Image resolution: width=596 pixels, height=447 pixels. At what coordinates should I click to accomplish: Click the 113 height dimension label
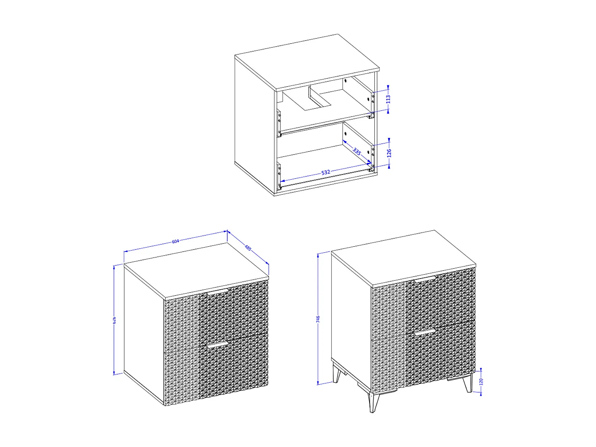[388, 99]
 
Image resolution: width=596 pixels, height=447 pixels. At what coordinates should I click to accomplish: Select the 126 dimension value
[389, 153]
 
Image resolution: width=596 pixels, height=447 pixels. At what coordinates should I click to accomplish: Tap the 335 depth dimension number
[357, 152]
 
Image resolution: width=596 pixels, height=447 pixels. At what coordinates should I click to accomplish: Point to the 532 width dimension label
[325, 172]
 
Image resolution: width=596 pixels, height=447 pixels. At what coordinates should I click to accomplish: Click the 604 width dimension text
[176, 241]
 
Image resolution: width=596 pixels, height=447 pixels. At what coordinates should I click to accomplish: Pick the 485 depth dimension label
[248, 248]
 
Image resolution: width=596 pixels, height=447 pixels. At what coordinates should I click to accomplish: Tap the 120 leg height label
[481, 381]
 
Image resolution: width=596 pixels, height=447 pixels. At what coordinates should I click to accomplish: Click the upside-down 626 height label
[115, 320]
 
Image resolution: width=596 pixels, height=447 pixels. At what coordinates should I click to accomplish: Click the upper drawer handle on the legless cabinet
[217, 293]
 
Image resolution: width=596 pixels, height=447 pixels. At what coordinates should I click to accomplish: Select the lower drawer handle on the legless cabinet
[217, 345]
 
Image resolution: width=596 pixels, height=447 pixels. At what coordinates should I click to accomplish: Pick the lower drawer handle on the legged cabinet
[425, 332]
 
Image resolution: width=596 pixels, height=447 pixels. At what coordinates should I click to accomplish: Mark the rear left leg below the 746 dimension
[337, 374]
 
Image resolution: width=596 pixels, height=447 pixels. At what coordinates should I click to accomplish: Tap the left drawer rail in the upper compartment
[279, 122]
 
